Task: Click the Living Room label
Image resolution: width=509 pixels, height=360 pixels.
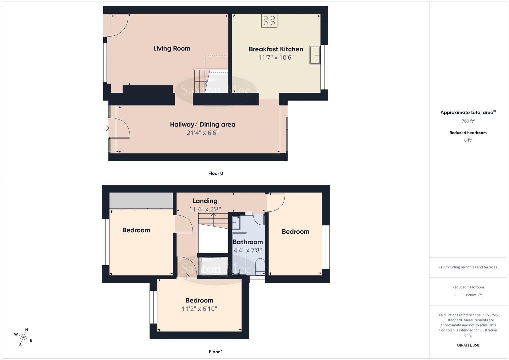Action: coord(172,48)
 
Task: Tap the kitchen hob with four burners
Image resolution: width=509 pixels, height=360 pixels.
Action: coord(269,21)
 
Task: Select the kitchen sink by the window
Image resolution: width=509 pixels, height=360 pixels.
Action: coord(315,55)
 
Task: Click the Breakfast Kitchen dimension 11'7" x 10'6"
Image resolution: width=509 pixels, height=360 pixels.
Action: coord(276,57)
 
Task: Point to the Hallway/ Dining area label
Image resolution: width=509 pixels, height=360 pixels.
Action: coord(203,124)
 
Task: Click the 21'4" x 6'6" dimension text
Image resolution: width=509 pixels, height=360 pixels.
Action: coord(203,133)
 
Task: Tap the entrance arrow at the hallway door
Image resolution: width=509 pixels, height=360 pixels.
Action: coord(106,128)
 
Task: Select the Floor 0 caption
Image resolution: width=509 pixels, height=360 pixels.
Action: coord(216,173)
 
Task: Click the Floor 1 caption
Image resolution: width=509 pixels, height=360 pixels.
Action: coord(216,352)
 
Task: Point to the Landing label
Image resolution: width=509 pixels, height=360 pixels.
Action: coord(205,201)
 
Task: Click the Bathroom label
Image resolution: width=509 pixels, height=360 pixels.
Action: coord(248,242)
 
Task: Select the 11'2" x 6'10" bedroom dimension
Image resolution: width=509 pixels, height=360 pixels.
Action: coord(199,309)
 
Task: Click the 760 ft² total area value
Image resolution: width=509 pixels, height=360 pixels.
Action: coord(468,121)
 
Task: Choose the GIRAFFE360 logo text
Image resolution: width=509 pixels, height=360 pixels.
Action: coord(468,345)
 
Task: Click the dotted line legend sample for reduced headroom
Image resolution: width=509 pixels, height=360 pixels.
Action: coord(459,295)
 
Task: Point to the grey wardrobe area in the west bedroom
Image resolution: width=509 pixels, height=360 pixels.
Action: coord(141,200)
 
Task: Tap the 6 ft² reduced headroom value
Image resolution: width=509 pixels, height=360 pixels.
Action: coord(468,140)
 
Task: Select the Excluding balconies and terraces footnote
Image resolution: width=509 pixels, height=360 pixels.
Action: coord(468,267)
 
